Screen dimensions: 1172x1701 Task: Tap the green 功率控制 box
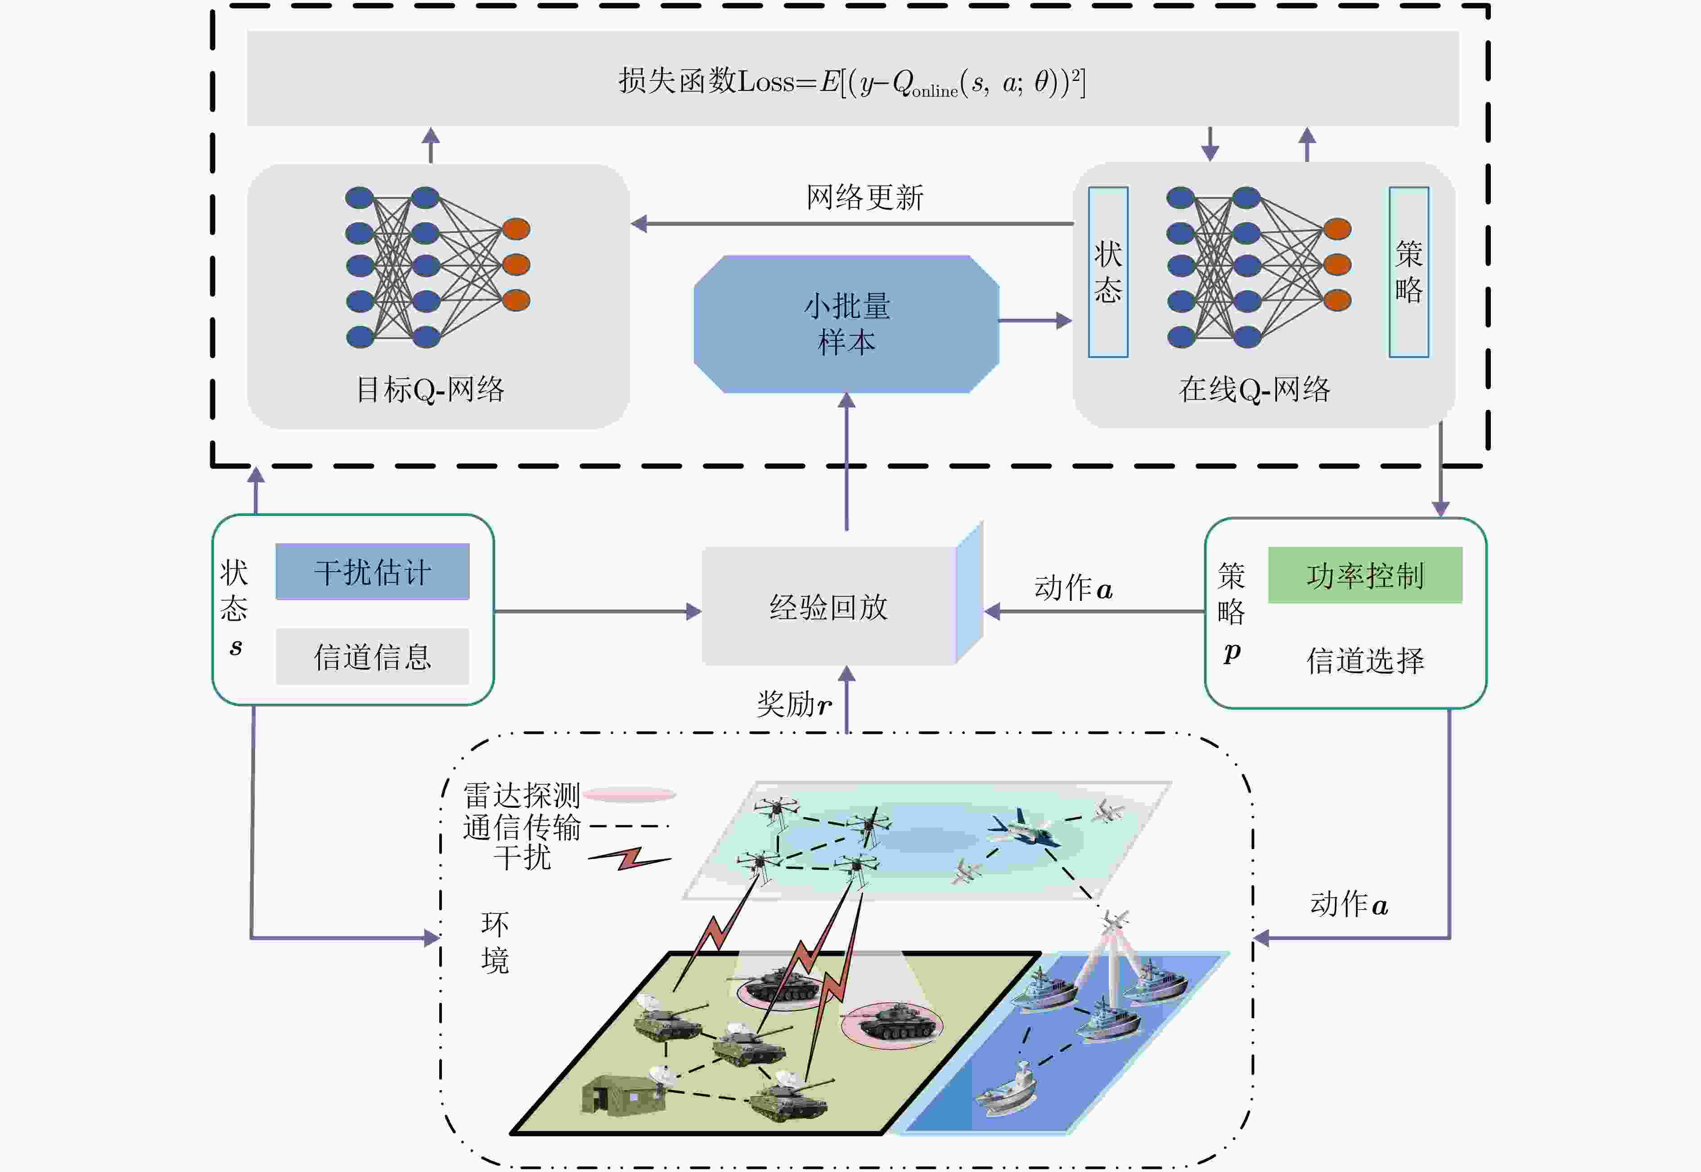(x=1364, y=575)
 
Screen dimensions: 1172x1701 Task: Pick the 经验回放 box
(x=829, y=607)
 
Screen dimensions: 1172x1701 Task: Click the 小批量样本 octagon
(x=846, y=324)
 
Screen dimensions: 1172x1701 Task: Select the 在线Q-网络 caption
(x=1254, y=389)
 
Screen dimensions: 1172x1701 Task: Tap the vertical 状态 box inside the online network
(x=1108, y=272)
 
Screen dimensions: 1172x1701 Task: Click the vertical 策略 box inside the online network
(x=1408, y=272)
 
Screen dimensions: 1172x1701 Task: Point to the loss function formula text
(x=851, y=81)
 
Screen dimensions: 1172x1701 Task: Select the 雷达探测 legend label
(x=522, y=795)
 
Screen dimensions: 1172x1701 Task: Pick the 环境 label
(x=495, y=942)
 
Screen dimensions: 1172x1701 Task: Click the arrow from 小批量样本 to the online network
(x=1035, y=320)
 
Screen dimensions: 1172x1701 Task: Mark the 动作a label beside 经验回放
(x=1073, y=587)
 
